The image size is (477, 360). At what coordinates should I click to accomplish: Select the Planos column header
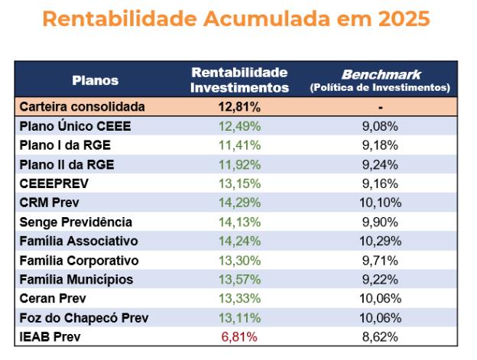click(x=95, y=80)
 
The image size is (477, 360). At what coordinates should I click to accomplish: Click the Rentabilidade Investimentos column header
click(x=240, y=80)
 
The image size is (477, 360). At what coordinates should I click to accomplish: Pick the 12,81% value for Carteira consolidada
click(x=239, y=107)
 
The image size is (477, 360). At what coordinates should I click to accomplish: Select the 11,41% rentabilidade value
click(x=239, y=145)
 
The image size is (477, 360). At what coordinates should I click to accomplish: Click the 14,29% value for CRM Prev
click(x=239, y=203)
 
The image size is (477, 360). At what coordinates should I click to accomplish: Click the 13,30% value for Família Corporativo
click(x=239, y=260)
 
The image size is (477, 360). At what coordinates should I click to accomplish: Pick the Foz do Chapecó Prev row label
click(x=83, y=317)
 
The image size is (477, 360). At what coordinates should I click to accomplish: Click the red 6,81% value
click(x=239, y=336)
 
